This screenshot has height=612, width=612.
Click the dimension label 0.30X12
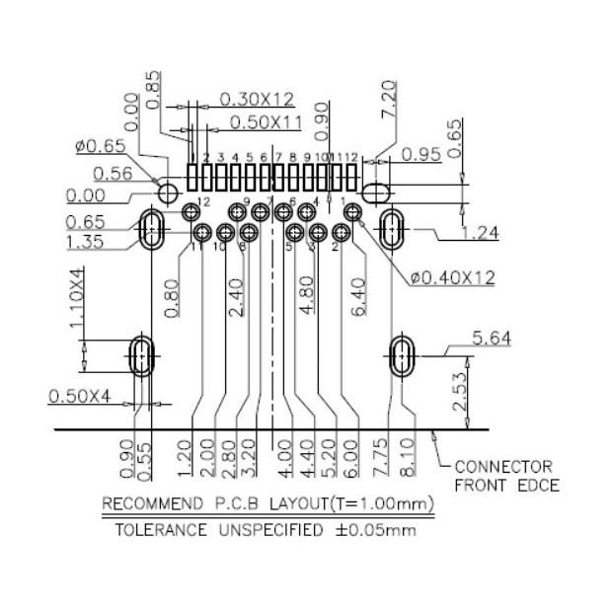pyautogui.click(x=256, y=99)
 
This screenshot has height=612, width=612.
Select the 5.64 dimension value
pyautogui.click(x=491, y=340)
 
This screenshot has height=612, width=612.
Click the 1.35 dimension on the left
pyautogui.click(x=86, y=243)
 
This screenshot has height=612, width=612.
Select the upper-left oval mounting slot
pyautogui.click(x=153, y=229)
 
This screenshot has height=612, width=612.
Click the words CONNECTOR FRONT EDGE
pyautogui.click(x=505, y=475)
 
